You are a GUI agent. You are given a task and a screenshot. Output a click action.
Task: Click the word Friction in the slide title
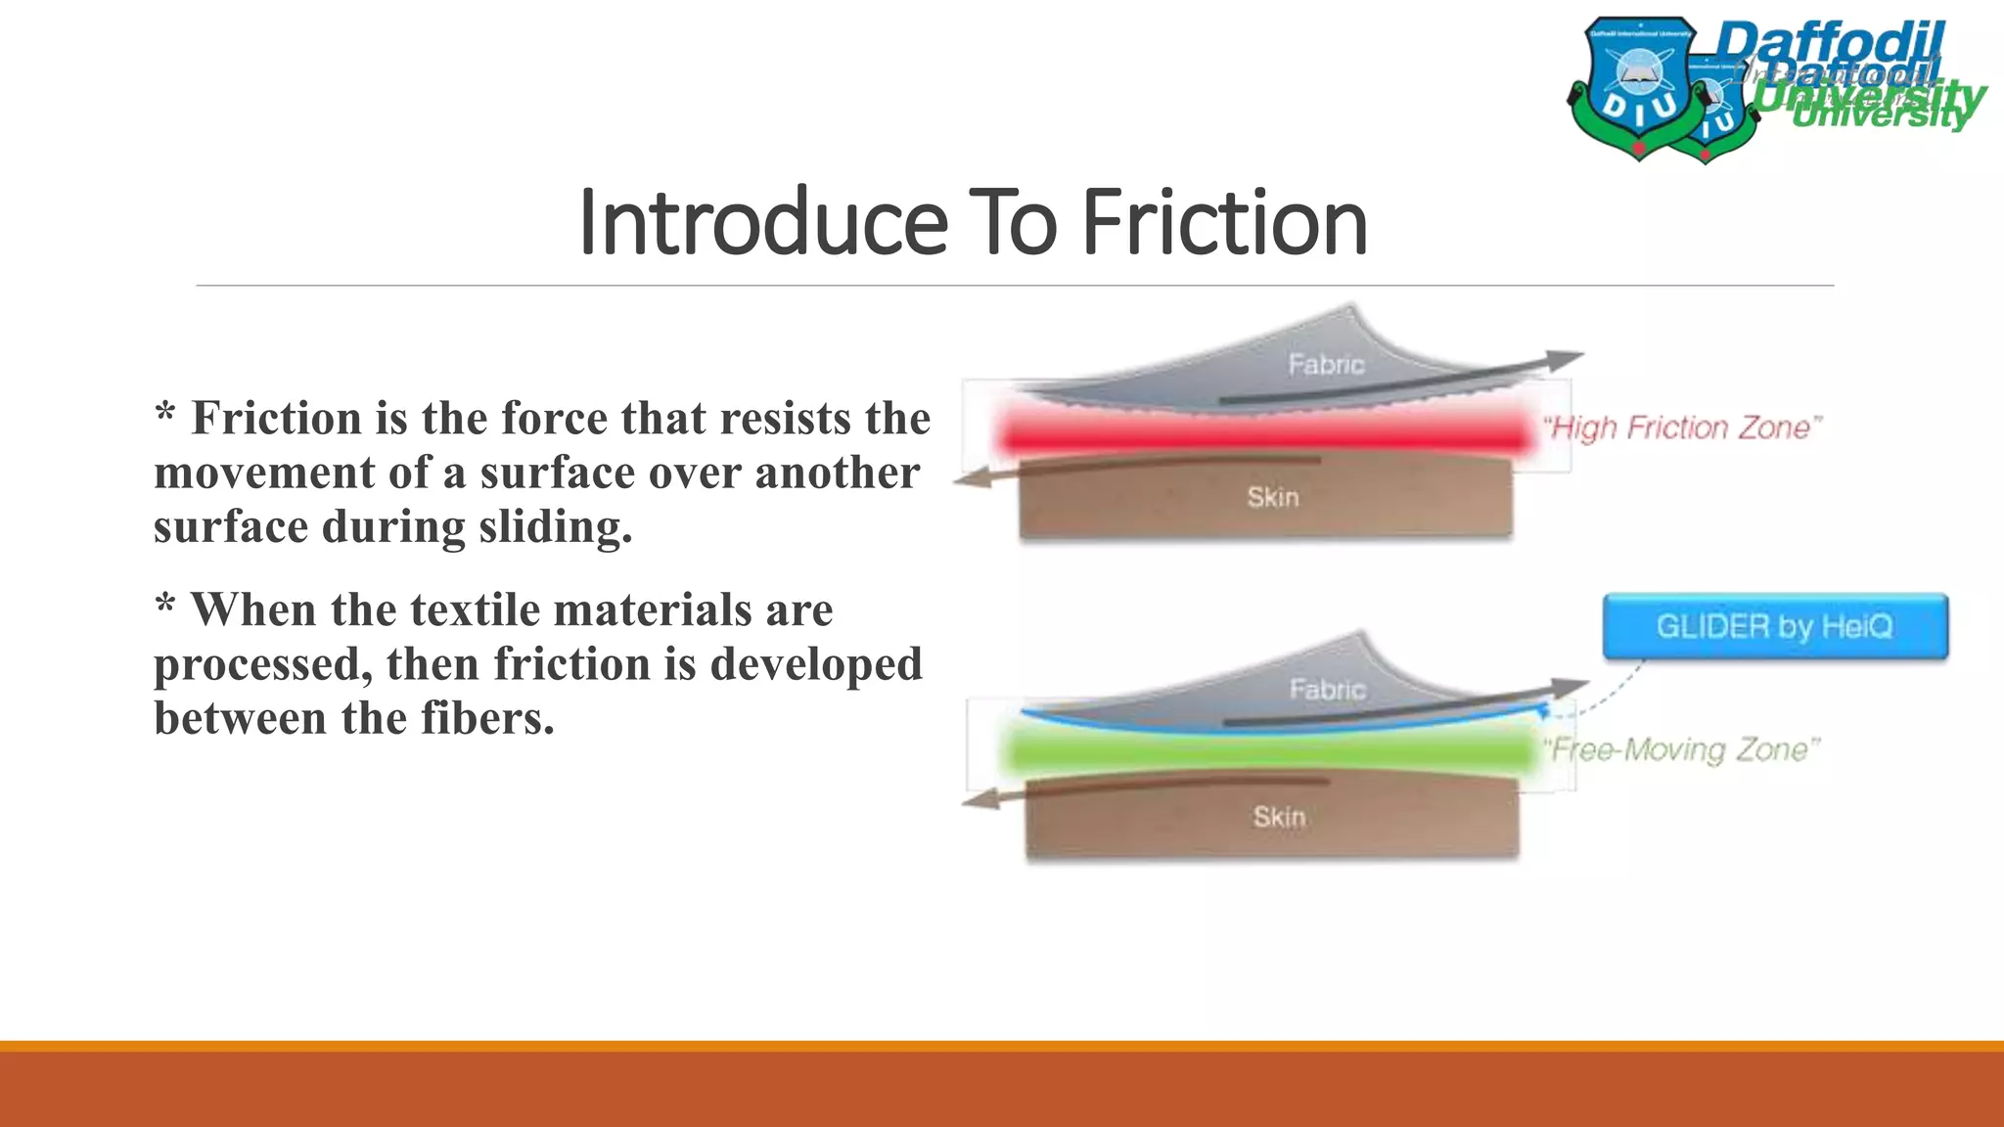pyautogui.click(x=1224, y=223)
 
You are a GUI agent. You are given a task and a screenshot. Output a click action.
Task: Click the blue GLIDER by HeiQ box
pyautogui.click(x=1775, y=626)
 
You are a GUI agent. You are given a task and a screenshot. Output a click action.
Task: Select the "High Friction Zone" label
pyautogui.click(x=1682, y=428)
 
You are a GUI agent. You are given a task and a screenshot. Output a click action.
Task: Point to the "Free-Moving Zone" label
pyautogui.click(x=1682, y=750)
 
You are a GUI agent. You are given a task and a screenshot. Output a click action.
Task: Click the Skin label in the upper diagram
pyautogui.click(x=1273, y=498)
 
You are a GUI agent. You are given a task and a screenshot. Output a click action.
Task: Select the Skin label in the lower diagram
pyautogui.click(x=1279, y=817)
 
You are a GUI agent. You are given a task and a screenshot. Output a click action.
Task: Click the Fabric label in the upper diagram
pyautogui.click(x=1326, y=365)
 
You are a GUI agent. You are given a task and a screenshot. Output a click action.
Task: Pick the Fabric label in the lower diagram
pyautogui.click(x=1327, y=690)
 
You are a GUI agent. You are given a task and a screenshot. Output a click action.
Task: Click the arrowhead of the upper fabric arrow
pyautogui.click(x=1566, y=358)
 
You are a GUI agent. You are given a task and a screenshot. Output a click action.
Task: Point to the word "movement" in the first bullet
pyautogui.click(x=263, y=473)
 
